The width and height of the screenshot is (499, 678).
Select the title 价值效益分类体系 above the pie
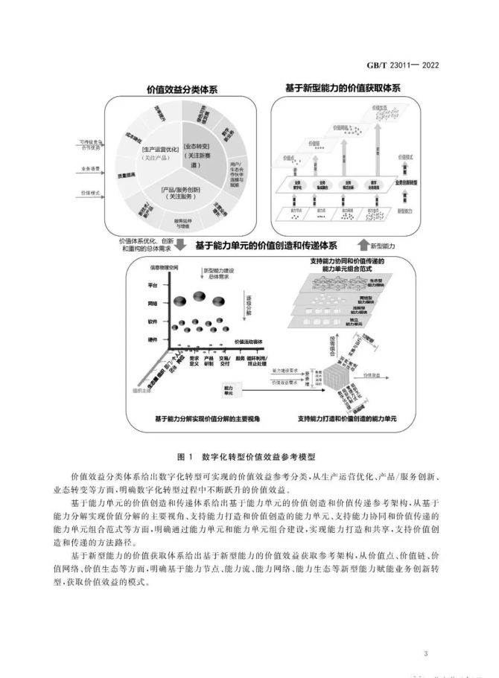click(x=182, y=90)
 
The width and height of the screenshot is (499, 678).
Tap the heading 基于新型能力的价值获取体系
click(x=343, y=88)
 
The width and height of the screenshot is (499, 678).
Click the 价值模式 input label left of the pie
click(x=89, y=194)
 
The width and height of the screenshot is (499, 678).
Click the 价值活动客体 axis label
click(x=252, y=342)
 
